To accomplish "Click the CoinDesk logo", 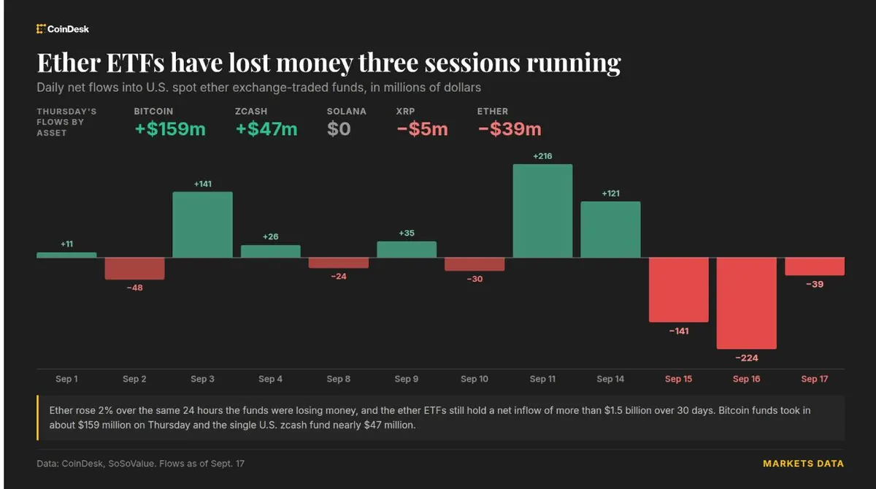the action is [63, 29].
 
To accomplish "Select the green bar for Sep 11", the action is [542, 211].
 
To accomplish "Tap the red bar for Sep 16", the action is [746, 303].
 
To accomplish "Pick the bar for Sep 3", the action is [203, 224].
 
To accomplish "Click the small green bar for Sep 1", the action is [66, 255].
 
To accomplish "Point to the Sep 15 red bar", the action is [678, 290].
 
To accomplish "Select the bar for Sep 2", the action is [134, 268].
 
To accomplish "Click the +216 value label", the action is [542, 156].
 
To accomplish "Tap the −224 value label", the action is [747, 358].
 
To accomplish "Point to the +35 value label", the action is [407, 233].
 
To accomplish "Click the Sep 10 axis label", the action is [474, 379].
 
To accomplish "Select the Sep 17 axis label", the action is [815, 379].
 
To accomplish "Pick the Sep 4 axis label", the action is [270, 379].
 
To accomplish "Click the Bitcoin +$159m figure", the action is [170, 129].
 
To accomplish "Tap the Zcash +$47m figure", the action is [266, 129].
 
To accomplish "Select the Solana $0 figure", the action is [339, 129].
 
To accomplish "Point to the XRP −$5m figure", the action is [423, 129].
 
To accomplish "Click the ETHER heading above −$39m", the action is [492, 112].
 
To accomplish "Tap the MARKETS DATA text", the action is [803, 463].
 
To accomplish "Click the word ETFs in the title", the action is [135, 63].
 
